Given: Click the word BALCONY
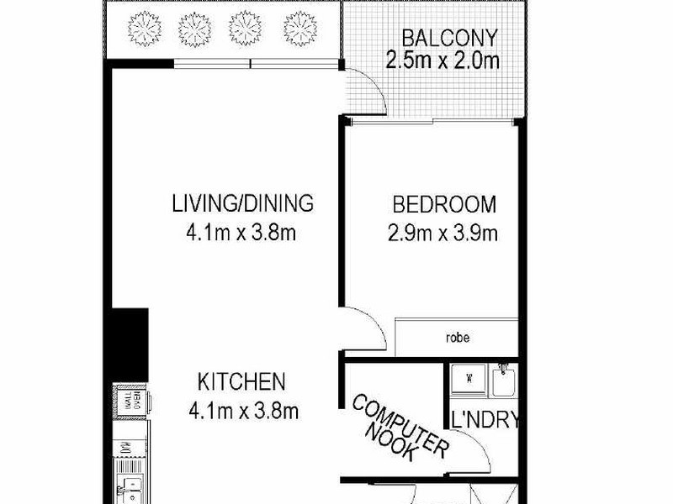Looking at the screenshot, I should pos(449,39).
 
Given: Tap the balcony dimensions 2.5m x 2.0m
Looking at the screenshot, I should pos(442,60).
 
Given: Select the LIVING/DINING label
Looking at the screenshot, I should pos(242,203).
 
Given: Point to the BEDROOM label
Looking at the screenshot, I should pos(444,205).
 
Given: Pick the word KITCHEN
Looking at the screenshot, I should pos(241,382).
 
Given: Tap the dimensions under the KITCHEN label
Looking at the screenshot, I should pos(243,411).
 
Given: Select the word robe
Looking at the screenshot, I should pos(458,339).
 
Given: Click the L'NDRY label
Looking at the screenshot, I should pos(485,421).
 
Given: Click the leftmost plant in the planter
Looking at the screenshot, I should pos(144,29).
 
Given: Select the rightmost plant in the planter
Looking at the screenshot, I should pos(299,29).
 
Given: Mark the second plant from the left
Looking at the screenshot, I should pos(195,29).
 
